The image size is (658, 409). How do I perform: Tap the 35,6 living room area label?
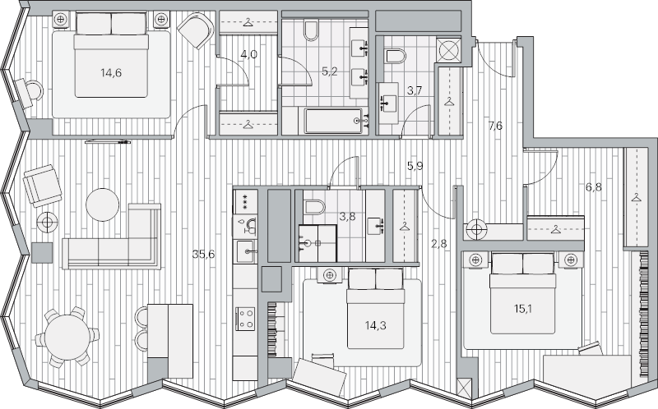coord(203,254)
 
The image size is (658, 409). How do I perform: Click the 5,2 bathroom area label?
coord(329,72)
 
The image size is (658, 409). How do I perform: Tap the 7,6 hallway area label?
coord(495,126)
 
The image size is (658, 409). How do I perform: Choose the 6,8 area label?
coord(593,187)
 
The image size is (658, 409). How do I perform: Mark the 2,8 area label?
coord(439,243)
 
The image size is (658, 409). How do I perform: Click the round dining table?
coord(70,336)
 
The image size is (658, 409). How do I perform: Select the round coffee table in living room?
coord(104,204)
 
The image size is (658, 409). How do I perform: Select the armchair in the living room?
coord(42,185)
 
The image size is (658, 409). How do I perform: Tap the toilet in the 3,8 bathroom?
coord(315,206)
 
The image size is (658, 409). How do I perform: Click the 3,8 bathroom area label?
coord(348,218)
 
